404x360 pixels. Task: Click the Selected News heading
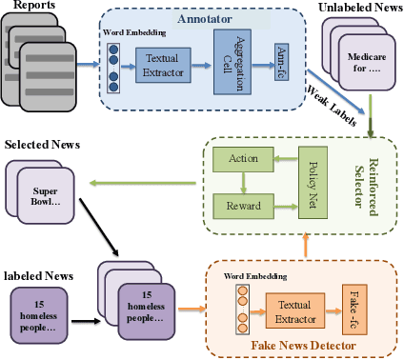coord(44,146)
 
